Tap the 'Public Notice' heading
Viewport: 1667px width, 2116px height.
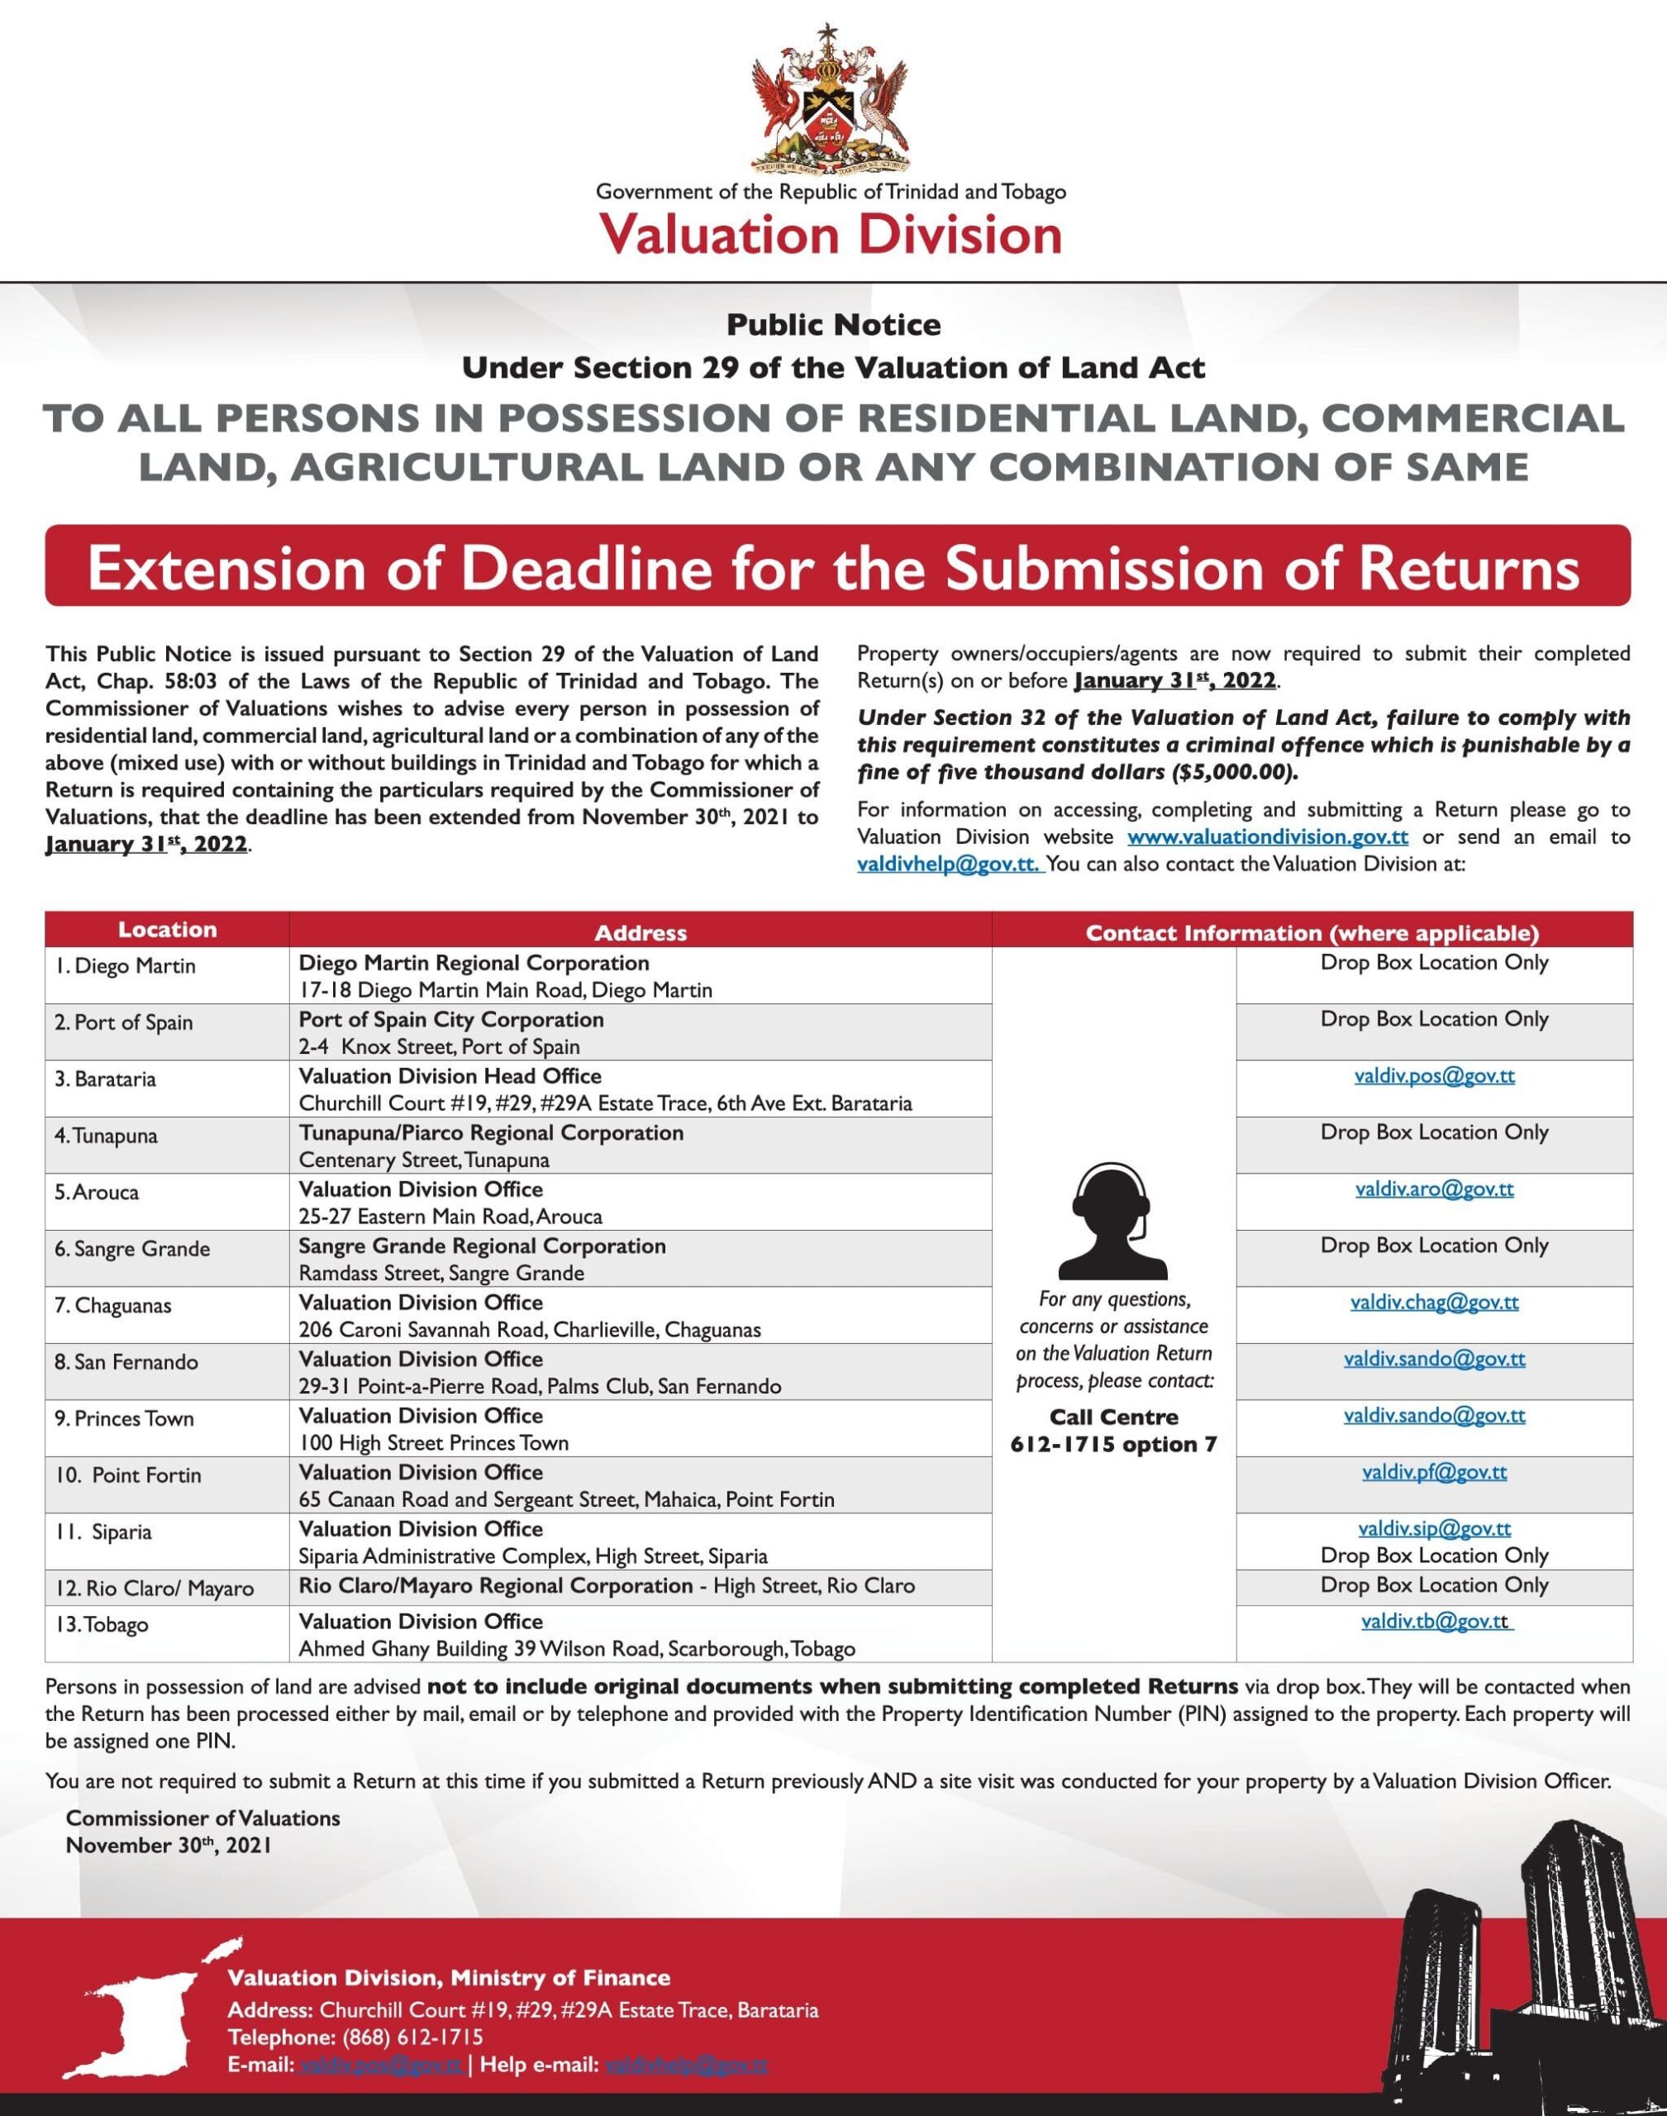tap(833, 325)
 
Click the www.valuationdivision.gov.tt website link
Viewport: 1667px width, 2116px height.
tap(1267, 836)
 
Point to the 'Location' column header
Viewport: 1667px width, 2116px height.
tap(167, 929)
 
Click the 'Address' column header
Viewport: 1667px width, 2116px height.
tap(641, 933)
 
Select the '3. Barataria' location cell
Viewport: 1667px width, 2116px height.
tap(106, 1079)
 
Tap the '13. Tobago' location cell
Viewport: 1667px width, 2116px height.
tap(102, 1624)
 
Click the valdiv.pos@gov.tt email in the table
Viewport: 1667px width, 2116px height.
tap(1434, 1075)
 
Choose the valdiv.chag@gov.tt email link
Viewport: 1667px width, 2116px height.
tap(1434, 1302)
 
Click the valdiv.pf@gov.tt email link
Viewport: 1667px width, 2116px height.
tap(1434, 1472)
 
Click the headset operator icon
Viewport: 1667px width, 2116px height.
tap(1112, 1221)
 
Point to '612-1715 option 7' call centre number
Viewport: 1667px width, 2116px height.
tap(1113, 1445)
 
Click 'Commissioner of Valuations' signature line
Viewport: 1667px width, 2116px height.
tap(203, 1818)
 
